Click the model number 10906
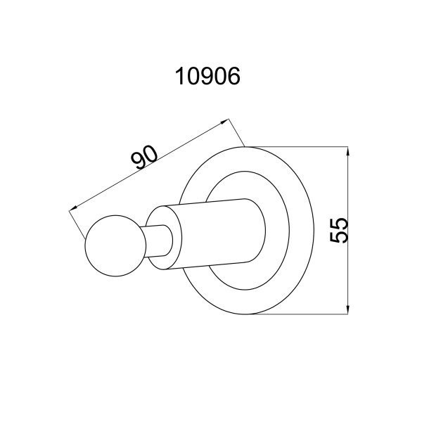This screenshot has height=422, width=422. pos(207,76)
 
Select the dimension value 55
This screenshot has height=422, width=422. pos(339,231)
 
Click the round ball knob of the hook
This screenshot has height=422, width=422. pos(116,245)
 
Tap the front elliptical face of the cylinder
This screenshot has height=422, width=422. pos(165,238)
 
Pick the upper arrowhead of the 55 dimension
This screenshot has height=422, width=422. pos(347,151)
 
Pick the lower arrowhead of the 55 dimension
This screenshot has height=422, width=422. pos(347,309)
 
